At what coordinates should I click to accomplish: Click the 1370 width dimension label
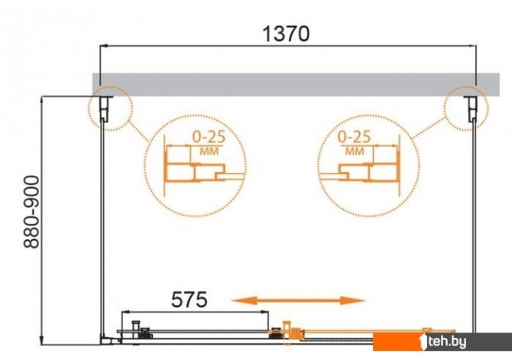click(286, 34)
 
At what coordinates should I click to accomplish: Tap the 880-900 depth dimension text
click(31, 212)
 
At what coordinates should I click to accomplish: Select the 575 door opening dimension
click(189, 300)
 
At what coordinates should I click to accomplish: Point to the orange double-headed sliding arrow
click(299, 300)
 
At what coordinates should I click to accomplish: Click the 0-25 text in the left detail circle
click(209, 137)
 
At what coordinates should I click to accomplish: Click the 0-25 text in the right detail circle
click(355, 137)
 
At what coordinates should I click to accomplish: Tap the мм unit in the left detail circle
click(209, 151)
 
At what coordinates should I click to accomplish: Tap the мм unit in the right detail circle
click(355, 151)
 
